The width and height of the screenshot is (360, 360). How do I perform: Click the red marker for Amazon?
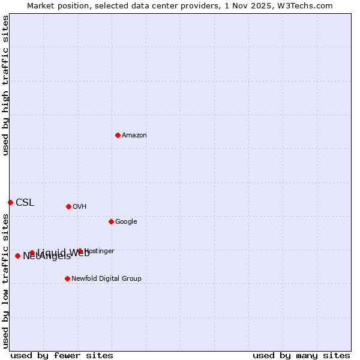coord(118,135)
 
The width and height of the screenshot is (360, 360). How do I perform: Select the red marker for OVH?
coord(68,206)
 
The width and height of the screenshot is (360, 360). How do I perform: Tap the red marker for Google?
coord(111,221)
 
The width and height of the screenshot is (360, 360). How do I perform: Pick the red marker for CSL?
coord(10,202)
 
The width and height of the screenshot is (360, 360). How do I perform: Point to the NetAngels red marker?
coord(17,256)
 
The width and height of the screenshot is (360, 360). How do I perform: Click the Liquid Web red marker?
coord(32,253)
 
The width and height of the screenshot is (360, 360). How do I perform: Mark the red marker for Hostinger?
coord(80,251)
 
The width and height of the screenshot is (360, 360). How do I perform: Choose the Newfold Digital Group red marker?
coord(67,278)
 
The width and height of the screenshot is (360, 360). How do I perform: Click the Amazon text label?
coord(134,136)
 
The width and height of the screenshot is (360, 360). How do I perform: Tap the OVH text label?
coord(80,207)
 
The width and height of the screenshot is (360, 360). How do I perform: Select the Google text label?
coord(126,222)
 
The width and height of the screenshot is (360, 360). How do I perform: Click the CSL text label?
coord(25,203)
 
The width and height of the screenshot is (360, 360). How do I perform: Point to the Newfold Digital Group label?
coord(106,279)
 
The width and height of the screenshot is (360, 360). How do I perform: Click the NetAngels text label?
coord(47,257)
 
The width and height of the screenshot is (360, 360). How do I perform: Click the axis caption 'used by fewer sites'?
coord(62,355)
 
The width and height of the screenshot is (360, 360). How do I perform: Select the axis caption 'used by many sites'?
coord(301,355)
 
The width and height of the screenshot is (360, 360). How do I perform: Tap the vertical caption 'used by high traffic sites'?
coord(5,85)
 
